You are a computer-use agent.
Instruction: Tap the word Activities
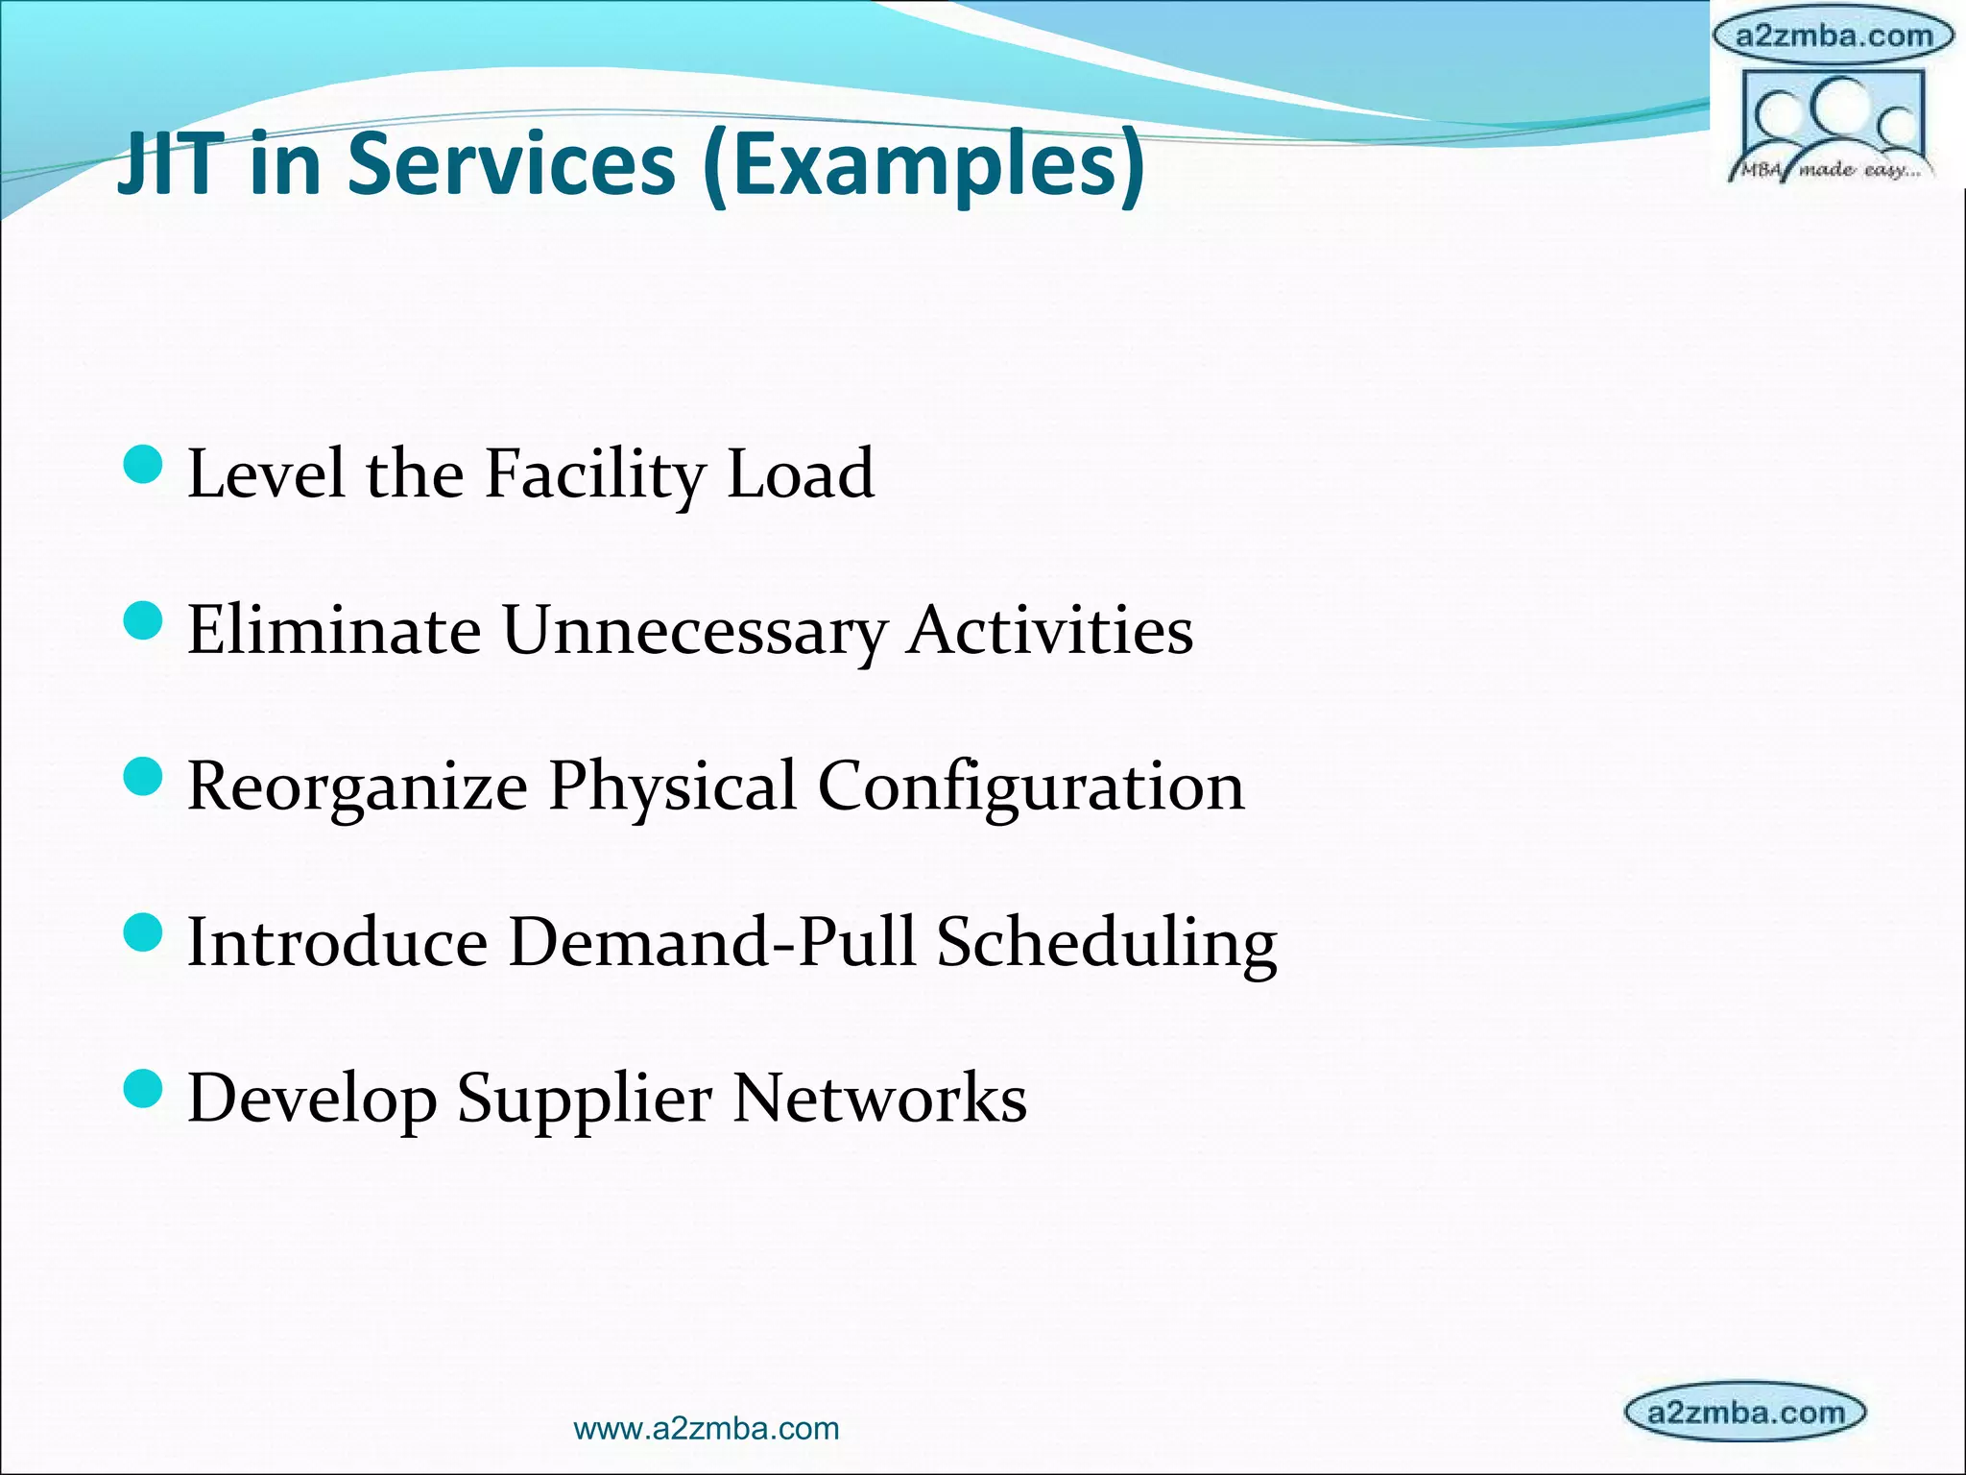(x=1050, y=631)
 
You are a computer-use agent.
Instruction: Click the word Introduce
(x=337, y=942)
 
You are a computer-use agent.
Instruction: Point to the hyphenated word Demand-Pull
(x=711, y=942)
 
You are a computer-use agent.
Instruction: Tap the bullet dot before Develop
(x=144, y=1089)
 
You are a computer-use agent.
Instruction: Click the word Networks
(x=879, y=1098)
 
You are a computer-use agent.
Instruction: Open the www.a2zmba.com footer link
(x=706, y=1429)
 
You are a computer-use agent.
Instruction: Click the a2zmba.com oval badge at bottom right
(x=1744, y=1412)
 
